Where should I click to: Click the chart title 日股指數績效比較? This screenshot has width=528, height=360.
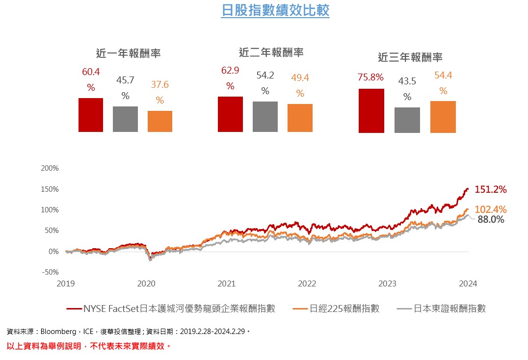coord(275,10)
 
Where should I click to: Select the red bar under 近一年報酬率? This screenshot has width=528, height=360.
coord(91,115)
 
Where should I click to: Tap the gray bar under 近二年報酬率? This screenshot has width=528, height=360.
coord(265,117)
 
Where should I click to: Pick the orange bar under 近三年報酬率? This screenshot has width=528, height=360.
coord(443,117)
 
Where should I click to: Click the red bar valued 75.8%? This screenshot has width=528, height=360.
coord(371,111)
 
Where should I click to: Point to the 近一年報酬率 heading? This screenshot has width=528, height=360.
coord(129,53)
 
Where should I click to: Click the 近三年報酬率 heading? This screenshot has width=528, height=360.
coord(410,57)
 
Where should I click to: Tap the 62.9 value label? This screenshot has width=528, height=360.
coord(230,71)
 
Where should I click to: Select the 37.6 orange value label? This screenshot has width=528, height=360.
coord(159,85)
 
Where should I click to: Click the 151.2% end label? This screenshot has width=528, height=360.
coord(490,189)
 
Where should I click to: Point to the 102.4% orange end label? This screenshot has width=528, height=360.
coord(490,209)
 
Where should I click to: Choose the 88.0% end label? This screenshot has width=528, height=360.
coord(491,220)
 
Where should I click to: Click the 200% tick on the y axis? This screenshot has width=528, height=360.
coord(50,168)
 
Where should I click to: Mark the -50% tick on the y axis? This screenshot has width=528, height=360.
coord(50,272)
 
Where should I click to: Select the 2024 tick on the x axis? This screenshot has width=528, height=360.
coord(468,283)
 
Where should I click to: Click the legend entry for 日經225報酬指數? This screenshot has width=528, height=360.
coord(344,309)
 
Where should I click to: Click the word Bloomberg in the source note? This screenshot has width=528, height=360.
coord(57,332)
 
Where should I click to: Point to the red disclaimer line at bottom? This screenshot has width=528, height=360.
coord(89,346)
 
